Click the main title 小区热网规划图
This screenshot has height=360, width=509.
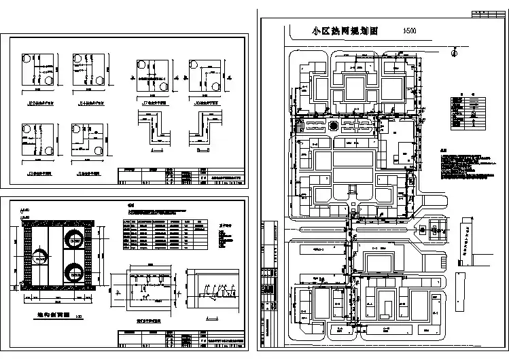pyautogui.click(x=345, y=31)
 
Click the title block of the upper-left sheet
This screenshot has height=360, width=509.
pyautogui.click(x=180, y=175)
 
